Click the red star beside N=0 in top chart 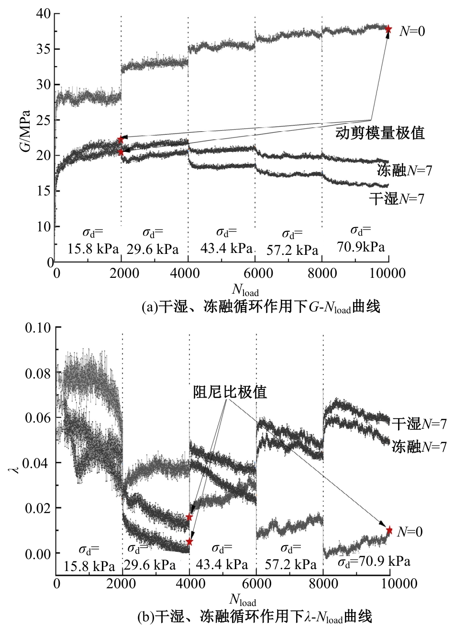click(388, 30)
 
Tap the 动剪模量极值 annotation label click(379, 132)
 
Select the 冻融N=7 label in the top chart click(404, 170)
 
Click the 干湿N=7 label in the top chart click(397, 198)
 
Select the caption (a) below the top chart click(261, 307)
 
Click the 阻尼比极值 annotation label click(230, 392)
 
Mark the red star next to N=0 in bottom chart click(389, 530)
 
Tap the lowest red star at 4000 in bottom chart click(189, 542)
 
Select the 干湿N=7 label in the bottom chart click(419, 423)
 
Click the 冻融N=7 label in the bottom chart click(419, 446)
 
